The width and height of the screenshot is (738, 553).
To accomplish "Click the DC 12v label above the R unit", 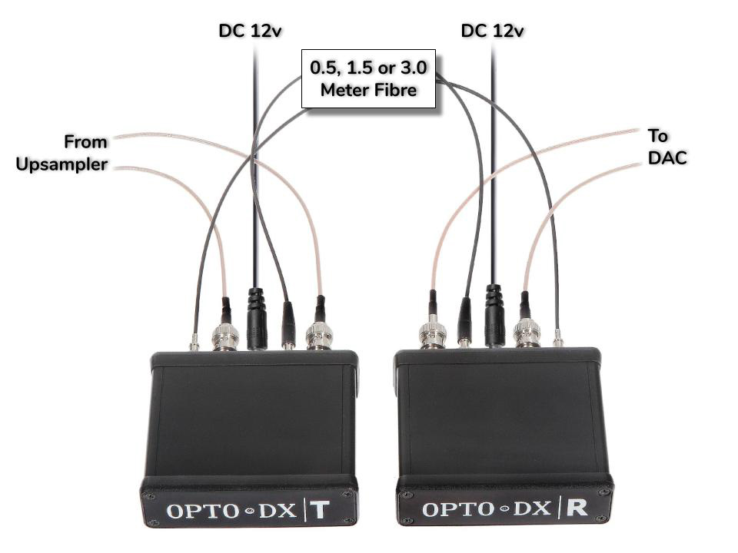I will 492,31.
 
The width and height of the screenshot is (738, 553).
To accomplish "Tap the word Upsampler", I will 61,164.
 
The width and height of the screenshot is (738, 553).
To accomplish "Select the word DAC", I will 666,158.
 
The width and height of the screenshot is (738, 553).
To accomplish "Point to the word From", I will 85,141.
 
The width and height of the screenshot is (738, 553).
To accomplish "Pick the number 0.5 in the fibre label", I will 324,68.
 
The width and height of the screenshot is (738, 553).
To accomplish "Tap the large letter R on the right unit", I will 579,508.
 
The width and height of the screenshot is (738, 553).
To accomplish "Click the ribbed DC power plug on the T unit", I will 256,315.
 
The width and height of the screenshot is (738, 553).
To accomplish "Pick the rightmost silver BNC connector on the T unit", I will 319,336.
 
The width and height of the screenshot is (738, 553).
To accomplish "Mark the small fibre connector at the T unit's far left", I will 194,342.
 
